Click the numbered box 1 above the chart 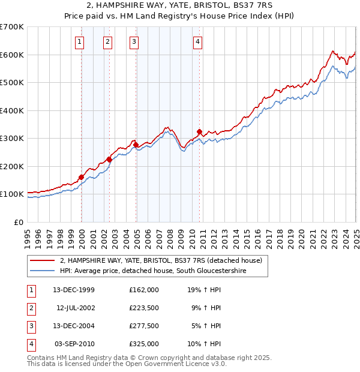point(80,41)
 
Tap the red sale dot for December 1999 point(81,177)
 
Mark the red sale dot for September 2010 point(199,131)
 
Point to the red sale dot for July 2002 point(109,160)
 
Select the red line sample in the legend point(42,261)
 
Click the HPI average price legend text point(152,271)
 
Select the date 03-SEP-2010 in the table point(74,344)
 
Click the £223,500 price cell point(144,308)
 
